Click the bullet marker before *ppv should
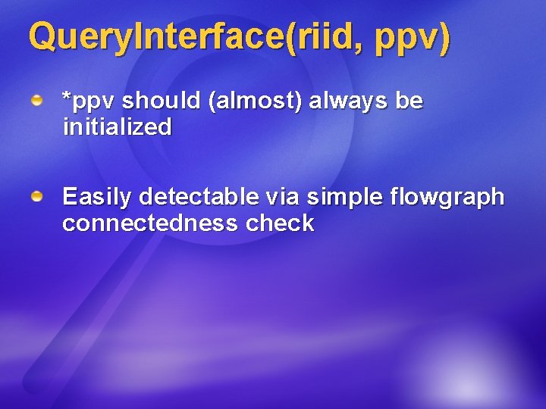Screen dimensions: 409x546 point(36,100)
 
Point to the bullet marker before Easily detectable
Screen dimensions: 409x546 point(36,197)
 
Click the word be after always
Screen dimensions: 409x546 point(409,100)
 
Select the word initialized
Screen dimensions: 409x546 point(117,126)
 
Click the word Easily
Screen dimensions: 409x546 point(96,198)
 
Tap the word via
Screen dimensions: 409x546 point(283,197)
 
